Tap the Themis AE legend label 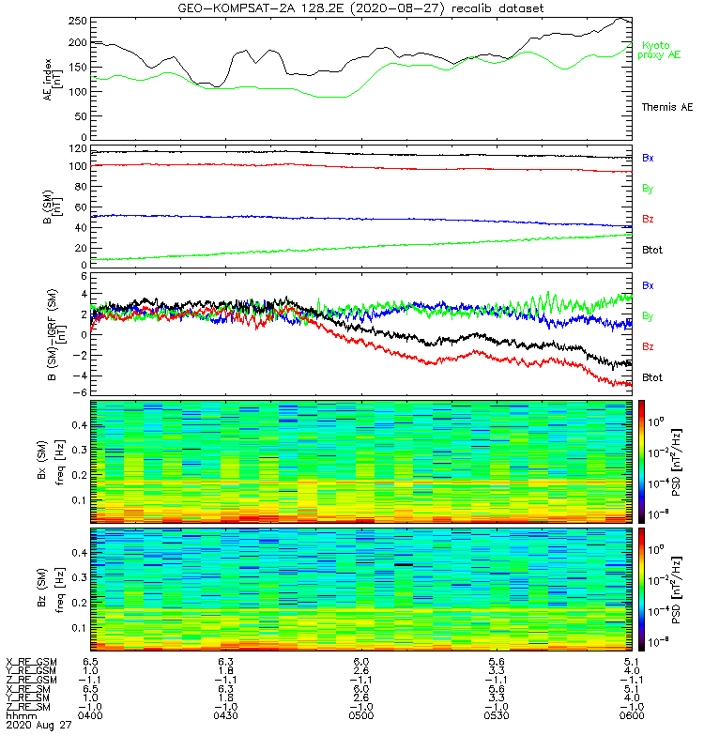coord(666,107)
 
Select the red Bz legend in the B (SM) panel coord(648,219)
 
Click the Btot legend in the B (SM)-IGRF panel coord(651,376)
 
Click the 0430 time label coord(226,716)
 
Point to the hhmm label coord(20,716)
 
